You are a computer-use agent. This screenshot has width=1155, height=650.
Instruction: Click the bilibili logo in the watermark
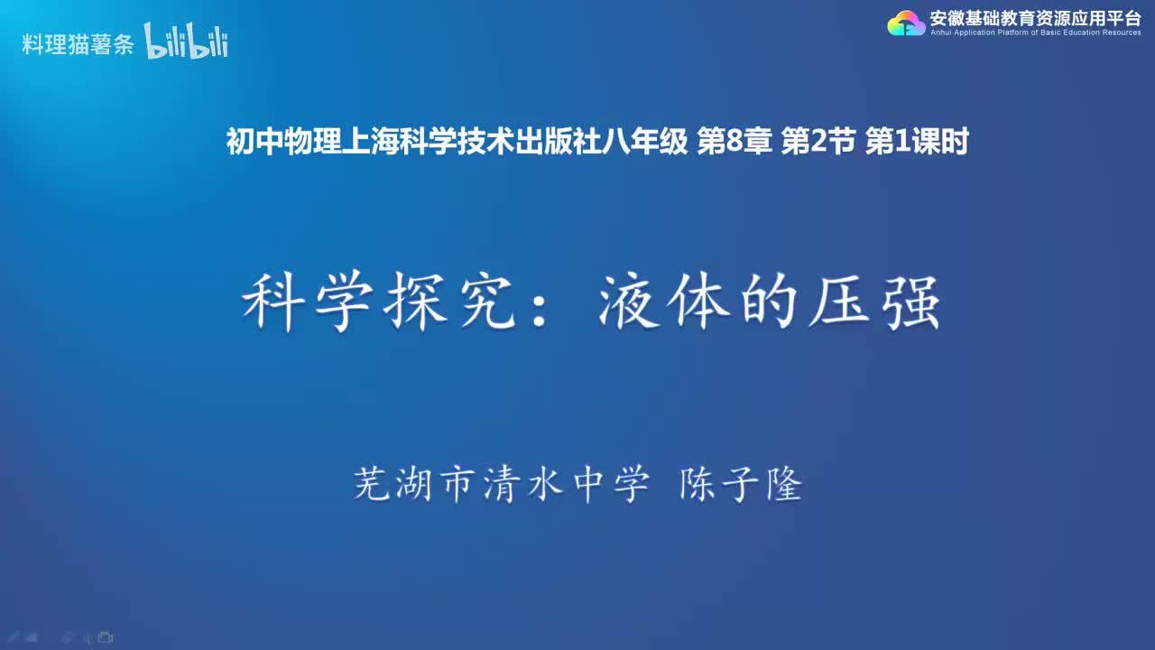pos(186,42)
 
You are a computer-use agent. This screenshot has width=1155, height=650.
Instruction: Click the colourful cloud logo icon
pos(906,23)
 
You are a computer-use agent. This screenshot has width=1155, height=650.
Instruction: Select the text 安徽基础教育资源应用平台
pos(1034,17)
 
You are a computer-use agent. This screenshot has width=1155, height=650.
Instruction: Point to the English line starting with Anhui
pos(1034,32)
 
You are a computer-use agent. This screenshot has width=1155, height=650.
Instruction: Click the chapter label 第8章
pos(735,143)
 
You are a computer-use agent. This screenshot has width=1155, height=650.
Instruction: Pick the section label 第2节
pos(818,143)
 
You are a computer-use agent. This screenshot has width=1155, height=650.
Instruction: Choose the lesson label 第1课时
pos(917,143)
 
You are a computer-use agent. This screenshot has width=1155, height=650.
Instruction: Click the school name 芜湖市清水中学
pos(502,485)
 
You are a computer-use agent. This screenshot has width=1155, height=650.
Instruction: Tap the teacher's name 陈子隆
pos(740,485)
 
